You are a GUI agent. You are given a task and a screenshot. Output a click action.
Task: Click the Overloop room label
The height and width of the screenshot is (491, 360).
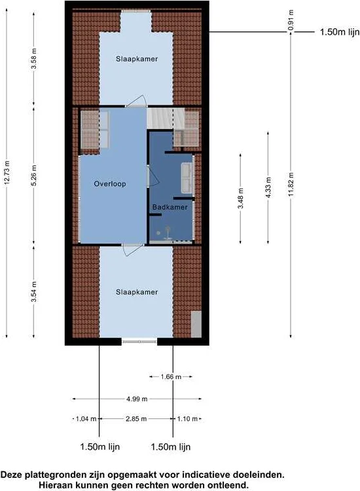click(x=109, y=184)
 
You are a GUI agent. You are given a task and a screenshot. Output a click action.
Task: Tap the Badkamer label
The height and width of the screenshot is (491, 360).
click(x=170, y=208)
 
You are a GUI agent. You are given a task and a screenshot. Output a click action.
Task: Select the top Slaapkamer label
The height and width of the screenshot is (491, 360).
click(x=137, y=58)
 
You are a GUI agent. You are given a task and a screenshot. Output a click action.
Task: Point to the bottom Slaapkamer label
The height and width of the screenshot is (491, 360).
click(x=137, y=292)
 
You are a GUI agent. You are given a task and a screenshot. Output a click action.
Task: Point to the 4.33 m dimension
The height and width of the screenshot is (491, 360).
click(x=267, y=187)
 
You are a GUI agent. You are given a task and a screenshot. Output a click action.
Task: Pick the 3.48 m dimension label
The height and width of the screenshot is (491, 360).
click(x=241, y=198)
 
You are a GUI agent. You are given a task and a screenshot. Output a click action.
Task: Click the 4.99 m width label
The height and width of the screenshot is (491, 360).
click(x=137, y=398)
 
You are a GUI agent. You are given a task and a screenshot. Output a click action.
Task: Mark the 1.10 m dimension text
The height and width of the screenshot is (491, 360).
click(x=187, y=419)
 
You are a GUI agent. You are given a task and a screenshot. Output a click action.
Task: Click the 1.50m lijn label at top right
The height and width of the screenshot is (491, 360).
click(x=339, y=31)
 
